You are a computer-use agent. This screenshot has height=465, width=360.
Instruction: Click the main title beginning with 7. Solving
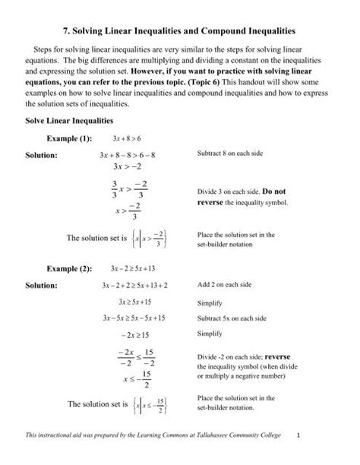click(x=180, y=31)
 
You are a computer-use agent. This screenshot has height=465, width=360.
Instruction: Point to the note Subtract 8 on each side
click(x=230, y=155)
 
